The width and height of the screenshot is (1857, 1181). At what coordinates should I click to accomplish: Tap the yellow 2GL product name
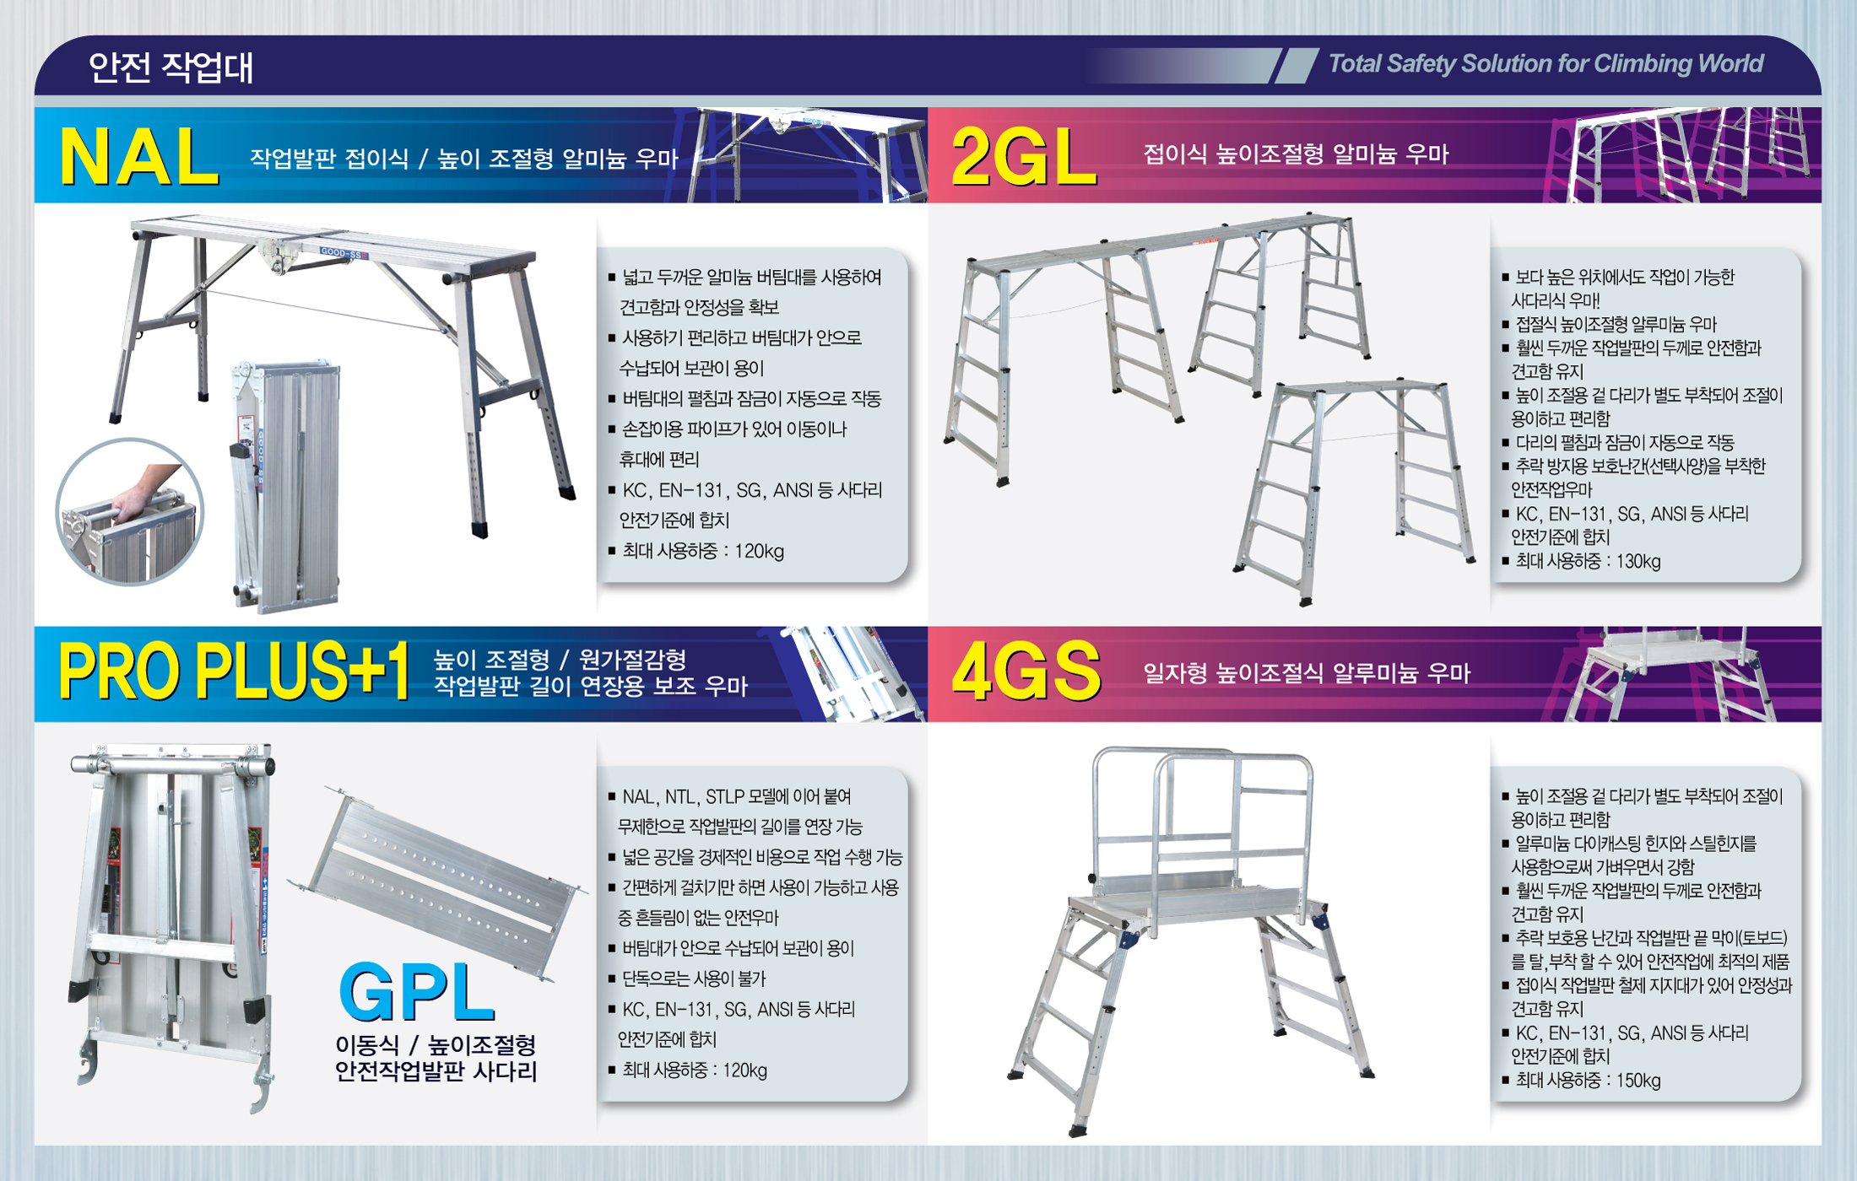point(1024,157)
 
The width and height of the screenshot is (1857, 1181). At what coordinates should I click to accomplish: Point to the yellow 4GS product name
point(1026,671)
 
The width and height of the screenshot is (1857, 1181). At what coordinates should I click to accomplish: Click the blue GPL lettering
point(416,993)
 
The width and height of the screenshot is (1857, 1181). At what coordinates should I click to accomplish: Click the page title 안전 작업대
point(171,67)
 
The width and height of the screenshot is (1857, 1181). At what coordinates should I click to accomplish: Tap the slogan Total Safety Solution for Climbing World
point(1546,64)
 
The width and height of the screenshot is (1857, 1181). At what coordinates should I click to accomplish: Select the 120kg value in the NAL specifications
point(759,552)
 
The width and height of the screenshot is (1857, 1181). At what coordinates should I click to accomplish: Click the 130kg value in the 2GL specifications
point(1638,562)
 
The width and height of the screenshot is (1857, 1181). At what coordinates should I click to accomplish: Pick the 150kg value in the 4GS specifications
point(1638,1081)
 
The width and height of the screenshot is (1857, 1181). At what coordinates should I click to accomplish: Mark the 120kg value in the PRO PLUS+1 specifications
point(744,1070)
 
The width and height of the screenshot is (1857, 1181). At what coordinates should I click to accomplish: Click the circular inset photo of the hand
point(130,511)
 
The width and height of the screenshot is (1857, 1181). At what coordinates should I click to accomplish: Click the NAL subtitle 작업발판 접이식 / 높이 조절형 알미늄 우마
point(463,158)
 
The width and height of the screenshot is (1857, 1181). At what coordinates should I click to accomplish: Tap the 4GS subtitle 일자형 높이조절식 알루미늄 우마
point(1306,673)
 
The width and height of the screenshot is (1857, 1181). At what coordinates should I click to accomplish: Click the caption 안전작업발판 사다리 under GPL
point(436,1071)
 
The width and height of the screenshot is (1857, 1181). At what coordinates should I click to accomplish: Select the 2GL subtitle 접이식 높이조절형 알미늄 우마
point(1296,154)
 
